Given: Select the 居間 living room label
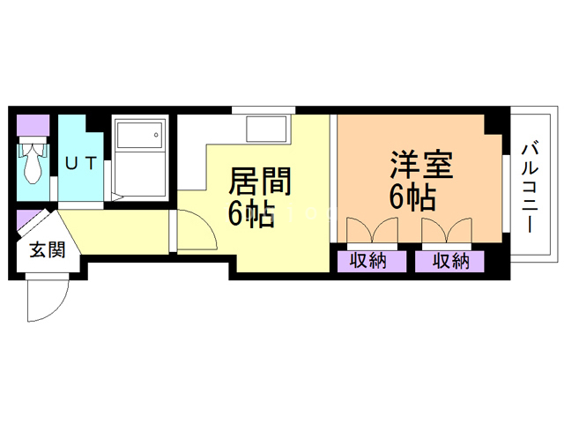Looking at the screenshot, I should [259, 182].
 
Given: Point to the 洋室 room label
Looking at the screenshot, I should [421, 167].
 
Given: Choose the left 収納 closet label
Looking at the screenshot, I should [368, 261].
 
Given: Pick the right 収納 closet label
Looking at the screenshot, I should [449, 261].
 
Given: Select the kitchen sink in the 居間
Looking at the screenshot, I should [266, 130].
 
